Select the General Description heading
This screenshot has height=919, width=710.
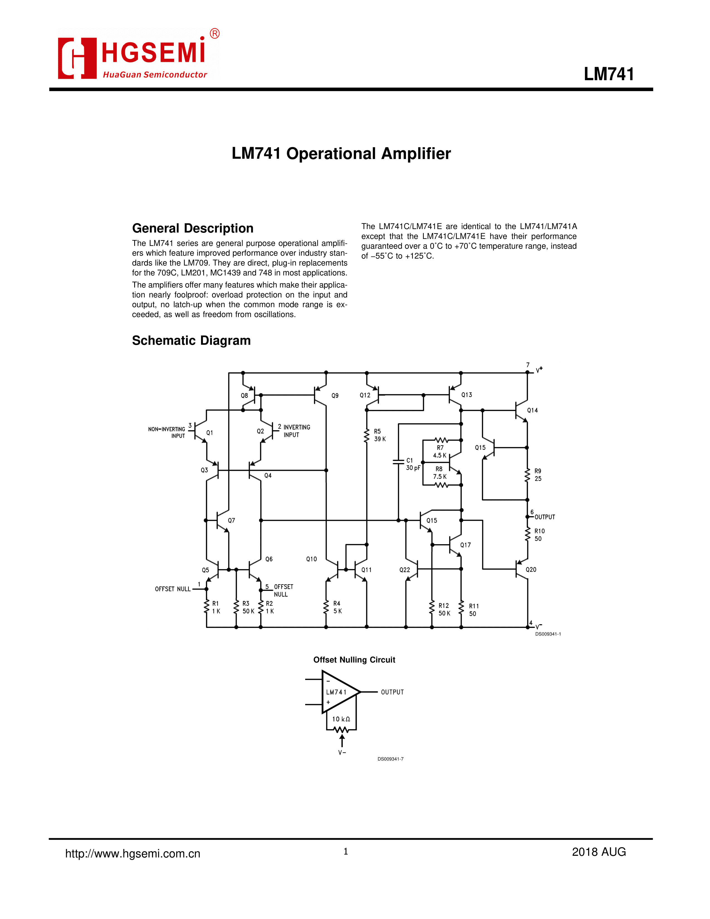193,228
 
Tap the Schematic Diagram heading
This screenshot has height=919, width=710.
191,340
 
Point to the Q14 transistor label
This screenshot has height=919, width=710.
532,410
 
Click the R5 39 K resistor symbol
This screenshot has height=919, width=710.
367,436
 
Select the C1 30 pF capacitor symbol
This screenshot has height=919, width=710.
398,462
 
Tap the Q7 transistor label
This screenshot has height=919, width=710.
231,520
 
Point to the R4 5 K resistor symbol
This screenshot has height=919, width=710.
326,607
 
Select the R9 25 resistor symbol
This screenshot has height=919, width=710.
527,475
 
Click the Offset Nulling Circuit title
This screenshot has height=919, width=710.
354,660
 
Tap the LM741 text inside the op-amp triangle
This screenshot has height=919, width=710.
336,692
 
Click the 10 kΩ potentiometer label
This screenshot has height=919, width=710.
341,719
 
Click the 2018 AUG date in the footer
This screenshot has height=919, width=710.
599,852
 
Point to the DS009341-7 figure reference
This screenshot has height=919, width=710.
390,759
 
